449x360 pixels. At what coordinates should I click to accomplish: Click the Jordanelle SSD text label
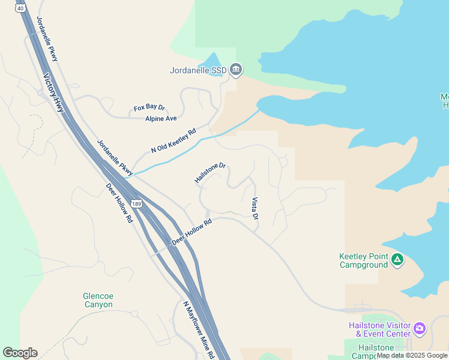[198, 70]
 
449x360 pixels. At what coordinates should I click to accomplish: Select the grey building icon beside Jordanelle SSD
[236, 70]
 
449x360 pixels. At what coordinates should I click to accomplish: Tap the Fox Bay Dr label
[149, 107]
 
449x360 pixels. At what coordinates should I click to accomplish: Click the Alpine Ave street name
[161, 119]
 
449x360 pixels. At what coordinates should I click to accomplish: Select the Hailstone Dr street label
[209, 172]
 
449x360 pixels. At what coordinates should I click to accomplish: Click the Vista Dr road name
[255, 208]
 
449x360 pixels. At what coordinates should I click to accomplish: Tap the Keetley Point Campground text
[364, 260]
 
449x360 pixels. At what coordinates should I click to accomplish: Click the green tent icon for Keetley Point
[397, 260]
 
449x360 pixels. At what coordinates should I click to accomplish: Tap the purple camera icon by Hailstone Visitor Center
[419, 329]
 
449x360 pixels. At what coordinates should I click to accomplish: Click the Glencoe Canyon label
[98, 300]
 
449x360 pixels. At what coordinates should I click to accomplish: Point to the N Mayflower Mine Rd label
[199, 330]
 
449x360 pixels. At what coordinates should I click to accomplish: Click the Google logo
[20, 353]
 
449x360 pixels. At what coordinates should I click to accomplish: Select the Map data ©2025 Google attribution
[412, 355]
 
